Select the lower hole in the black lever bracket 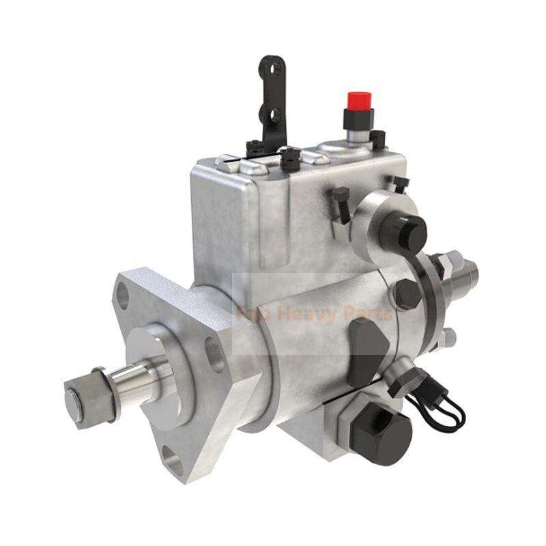(x=274, y=114)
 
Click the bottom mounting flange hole (x=173, y=465)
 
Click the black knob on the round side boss (x=407, y=231)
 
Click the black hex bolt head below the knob (x=407, y=293)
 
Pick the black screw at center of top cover (x=290, y=159)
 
